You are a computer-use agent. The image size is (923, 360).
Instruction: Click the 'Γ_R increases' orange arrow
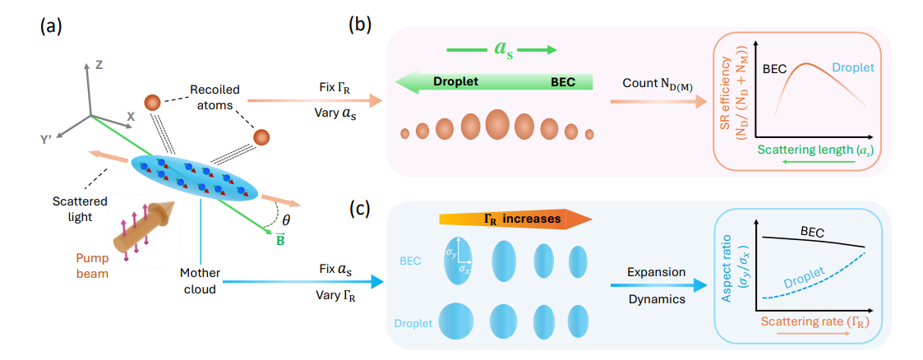click(x=515, y=219)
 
